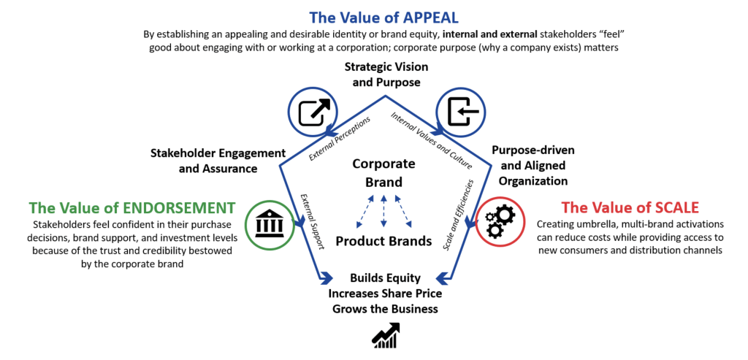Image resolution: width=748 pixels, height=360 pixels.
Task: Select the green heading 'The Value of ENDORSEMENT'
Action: pyautogui.click(x=132, y=207)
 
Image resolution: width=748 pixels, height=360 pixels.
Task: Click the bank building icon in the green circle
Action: pyautogui.click(x=270, y=224)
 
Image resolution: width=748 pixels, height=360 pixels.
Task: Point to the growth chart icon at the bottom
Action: pyautogui.click(x=385, y=334)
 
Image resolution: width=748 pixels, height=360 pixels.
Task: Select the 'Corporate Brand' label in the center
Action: pyautogui.click(x=383, y=172)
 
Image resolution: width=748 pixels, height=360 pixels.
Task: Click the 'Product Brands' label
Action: pyautogui.click(x=384, y=241)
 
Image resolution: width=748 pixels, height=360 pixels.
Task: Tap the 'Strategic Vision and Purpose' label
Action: pyautogui.click(x=386, y=74)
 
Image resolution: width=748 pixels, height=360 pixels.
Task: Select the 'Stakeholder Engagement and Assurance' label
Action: pyautogui.click(x=217, y=161)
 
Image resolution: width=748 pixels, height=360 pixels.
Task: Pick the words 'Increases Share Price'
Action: pyautogui.click(x=385, y=294)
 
